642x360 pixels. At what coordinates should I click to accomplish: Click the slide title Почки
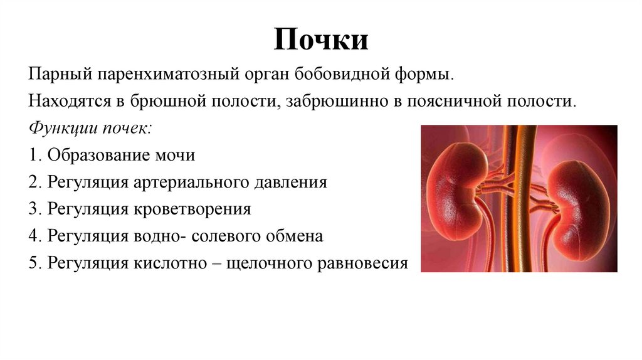click(x=320, y=40)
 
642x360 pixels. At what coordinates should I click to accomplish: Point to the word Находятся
click(x=70, y=101)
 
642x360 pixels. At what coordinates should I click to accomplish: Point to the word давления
click(x=288, y=182)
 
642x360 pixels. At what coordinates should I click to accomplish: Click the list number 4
click(x=33, y=236)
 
